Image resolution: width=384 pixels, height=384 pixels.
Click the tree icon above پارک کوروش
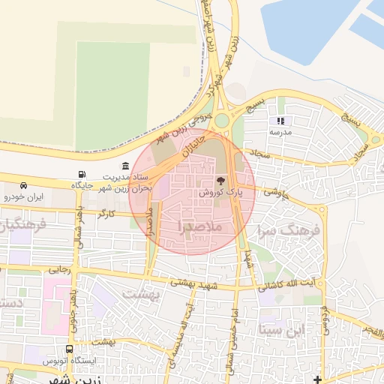[220, 181]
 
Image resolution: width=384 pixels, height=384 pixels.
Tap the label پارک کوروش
[220, 193]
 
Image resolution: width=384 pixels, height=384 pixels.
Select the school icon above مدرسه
[280, 120]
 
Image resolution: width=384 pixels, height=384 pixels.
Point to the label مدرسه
[280, 131]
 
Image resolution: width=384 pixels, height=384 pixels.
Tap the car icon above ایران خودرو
[24, 185]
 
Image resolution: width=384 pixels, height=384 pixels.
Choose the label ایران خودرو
[24, 196]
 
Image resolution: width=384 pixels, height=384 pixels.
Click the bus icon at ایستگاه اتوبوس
[70, 349]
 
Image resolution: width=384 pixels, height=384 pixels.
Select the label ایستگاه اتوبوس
[70, 361]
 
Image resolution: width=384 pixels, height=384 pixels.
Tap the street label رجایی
[58, 268]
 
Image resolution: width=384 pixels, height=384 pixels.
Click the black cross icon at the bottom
[317, 379]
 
